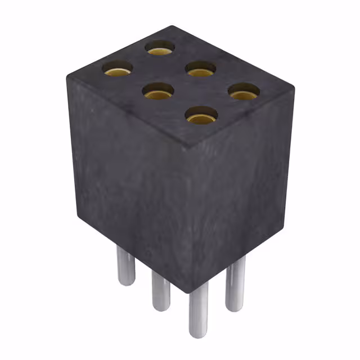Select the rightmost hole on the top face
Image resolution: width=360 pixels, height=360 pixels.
(244, 91)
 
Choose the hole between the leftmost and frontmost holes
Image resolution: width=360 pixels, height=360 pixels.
(157, 91)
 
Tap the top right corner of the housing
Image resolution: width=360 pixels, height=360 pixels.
(294, 88)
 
